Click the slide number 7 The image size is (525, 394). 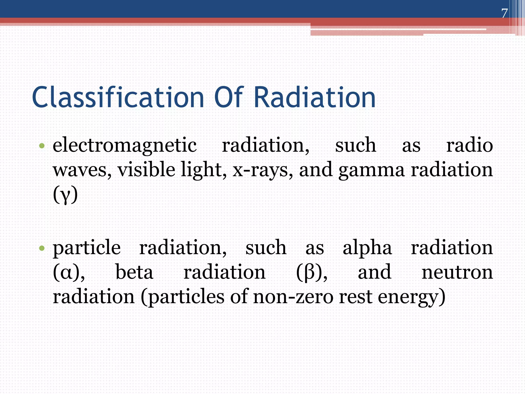click(504, 13)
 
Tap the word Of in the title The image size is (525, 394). click(228, 97)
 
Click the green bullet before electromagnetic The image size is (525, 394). click(42, 146)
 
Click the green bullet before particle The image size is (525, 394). click(42, 248)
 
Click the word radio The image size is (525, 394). click(469, 145)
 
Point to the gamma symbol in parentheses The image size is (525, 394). click(65, 195)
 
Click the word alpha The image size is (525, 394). click(367, 248)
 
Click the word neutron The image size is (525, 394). click(457, 272)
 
